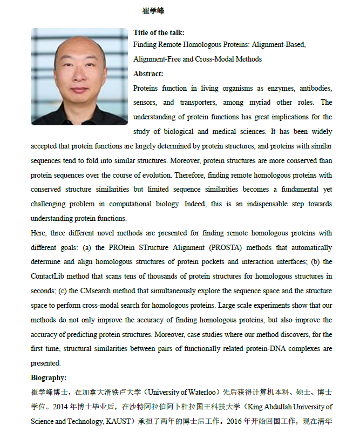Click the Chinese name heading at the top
click(x=153, y=11)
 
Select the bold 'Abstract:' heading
click(x=148, y=74)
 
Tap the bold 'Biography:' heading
click(x=49, y=377)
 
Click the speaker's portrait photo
click(x=79, y=77)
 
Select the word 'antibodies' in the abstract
click(x=312, y=88)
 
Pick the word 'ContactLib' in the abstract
click(x=50, y=276)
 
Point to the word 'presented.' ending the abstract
click(x=46, y=363)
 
